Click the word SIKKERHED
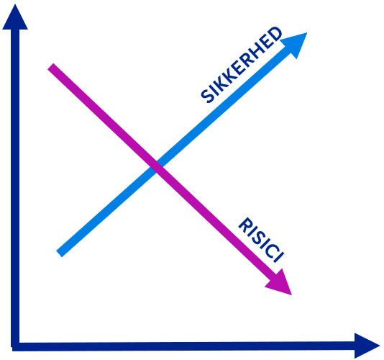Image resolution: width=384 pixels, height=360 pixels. [242, 65]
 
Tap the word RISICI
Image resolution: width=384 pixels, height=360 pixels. [261, 240]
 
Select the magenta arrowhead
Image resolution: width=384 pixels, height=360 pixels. [280, 283]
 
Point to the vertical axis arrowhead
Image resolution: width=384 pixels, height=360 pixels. [15, 17]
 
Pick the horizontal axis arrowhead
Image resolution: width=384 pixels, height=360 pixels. [367, 346]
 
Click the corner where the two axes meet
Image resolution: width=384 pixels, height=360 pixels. [15, 346]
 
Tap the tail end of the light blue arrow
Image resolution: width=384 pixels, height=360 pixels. [59, 254]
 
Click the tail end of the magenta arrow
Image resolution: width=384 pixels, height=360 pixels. [50, 67]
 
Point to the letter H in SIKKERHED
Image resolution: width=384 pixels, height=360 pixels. [259, 48]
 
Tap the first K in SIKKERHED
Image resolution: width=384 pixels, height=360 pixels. [221, 84]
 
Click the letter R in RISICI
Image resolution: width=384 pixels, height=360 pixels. [246, 225]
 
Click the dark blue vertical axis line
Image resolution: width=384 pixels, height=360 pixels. [15, 186]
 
